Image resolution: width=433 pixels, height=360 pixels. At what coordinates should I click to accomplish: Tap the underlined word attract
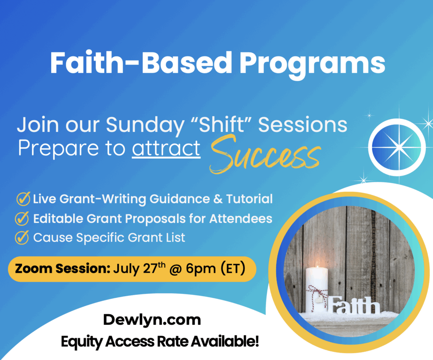(166, 148)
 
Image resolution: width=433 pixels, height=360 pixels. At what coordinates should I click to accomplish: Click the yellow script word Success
(265, 154)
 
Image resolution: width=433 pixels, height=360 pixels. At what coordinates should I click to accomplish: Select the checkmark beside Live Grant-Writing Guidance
(23, 199)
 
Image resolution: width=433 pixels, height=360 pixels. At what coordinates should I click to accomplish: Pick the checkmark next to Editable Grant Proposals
(22, 219)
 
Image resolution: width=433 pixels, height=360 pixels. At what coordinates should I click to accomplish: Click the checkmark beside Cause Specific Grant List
(22, 238)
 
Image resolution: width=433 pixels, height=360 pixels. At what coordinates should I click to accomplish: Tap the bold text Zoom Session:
(63, 269)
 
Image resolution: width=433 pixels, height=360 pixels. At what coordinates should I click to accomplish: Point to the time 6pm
(201, 269)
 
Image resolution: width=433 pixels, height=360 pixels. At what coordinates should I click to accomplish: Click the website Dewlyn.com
(152, 320)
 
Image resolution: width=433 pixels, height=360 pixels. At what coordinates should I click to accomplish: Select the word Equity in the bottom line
(82, 342)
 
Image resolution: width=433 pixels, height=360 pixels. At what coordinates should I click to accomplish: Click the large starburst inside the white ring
(397, 148)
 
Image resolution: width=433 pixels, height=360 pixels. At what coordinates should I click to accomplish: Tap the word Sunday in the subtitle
(145, 125)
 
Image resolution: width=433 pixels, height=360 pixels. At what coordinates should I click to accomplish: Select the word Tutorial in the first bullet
(249, 199)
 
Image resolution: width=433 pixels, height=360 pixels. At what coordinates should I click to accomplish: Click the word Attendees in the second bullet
(241, 219)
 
